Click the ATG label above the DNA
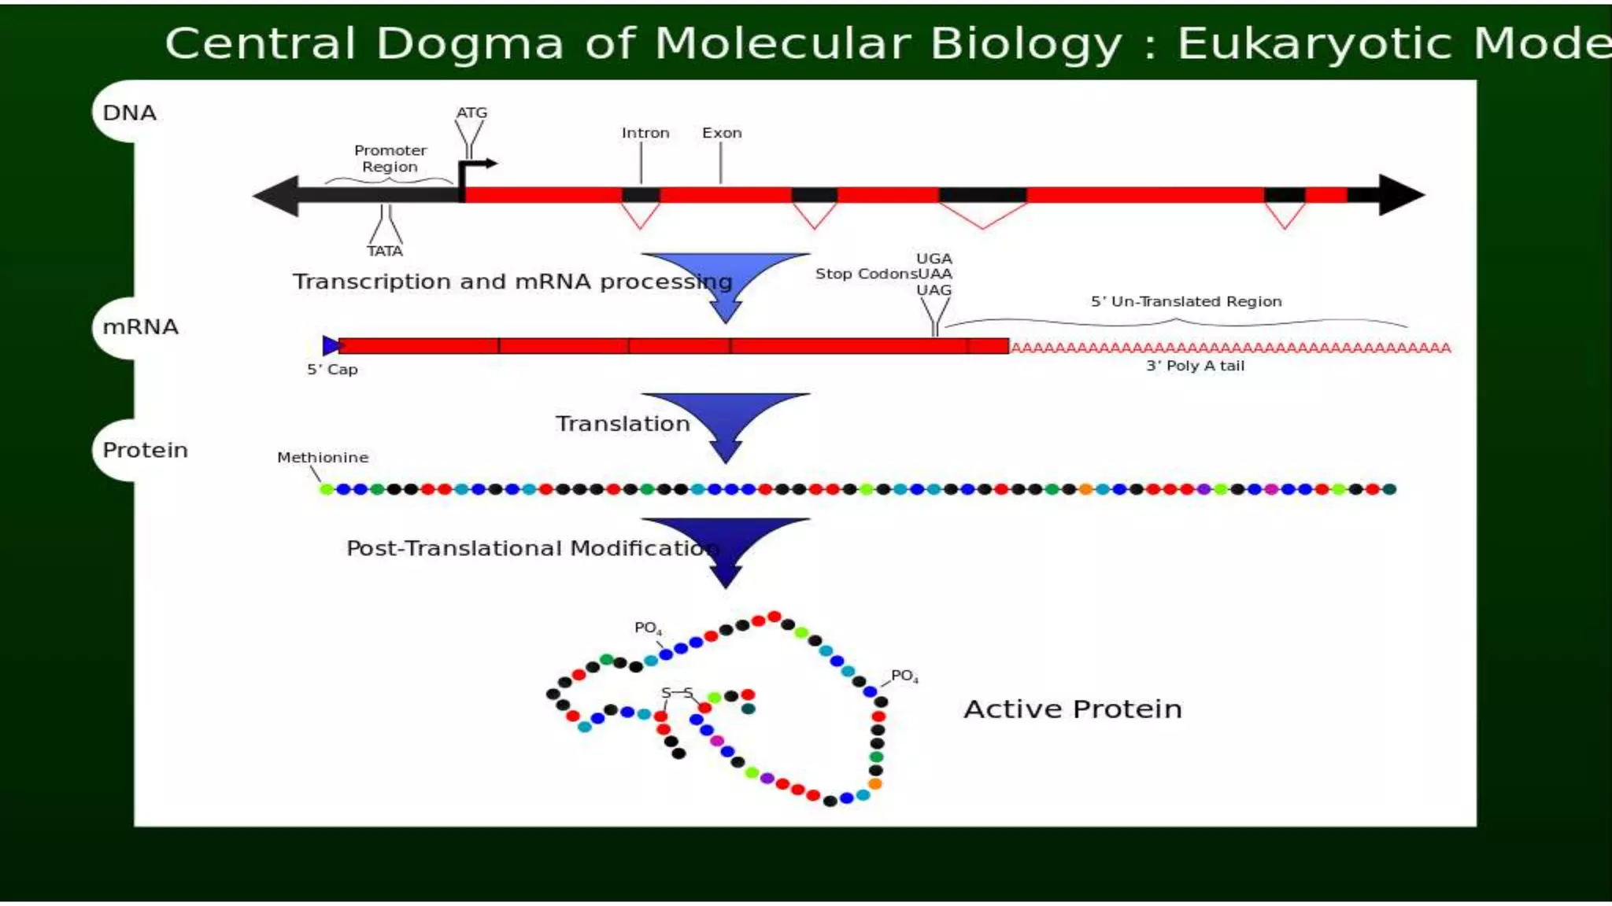[471, 112]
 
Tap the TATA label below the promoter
[384, 251]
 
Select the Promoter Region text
[390, 158]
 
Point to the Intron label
[645, 133]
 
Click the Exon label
[722, 133]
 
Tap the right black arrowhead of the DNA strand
[1400, 195]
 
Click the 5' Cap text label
[332, 370]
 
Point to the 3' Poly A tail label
[1195, 366]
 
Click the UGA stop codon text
[934, 259]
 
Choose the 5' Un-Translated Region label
[1185, 301]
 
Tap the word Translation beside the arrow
[623, 424]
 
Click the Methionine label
[323, 458]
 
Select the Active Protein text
[1072, 709]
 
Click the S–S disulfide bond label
[677, 693]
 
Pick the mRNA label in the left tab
[140, 327]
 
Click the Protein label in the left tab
[145, 451]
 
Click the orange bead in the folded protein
[874, 784]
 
